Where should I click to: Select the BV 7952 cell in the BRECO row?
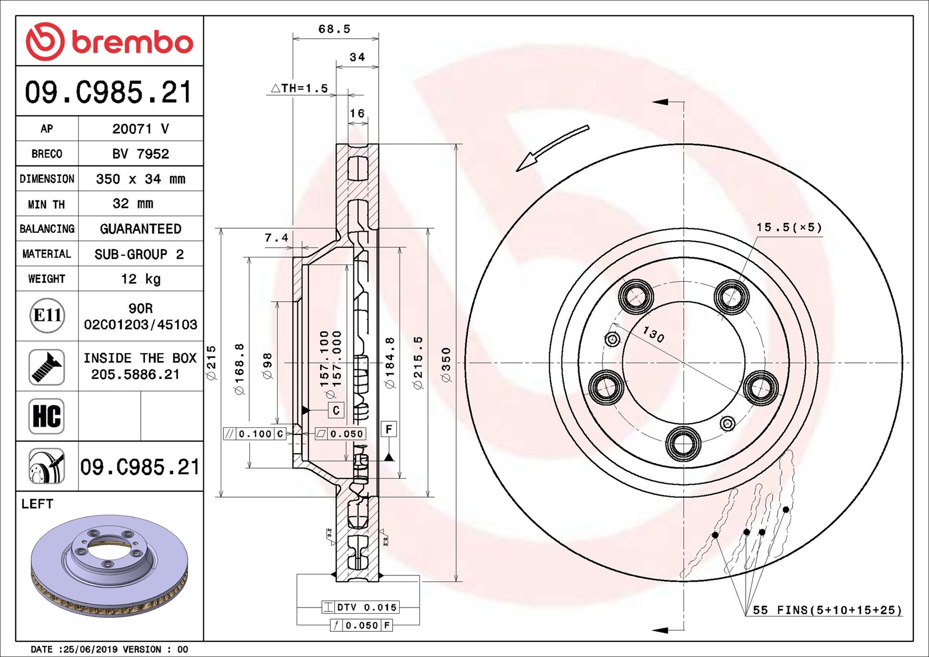[140, 154]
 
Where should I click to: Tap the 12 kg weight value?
[140, 279]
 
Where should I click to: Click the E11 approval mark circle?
[47, 315]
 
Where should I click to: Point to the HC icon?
[47, 416]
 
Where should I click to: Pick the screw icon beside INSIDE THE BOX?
[47, 367]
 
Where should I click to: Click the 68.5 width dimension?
[334, 29]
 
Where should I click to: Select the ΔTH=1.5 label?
[299, 88]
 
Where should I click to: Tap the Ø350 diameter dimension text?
[446, 365]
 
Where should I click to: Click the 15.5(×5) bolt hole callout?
[788, 227]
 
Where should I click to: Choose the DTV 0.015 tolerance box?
[361, 607]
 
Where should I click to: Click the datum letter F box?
[389, 429]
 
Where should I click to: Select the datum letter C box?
[336, 410]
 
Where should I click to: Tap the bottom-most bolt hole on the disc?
[684, 444]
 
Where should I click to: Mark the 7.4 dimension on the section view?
[276, 238]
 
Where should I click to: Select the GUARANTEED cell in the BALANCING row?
[140, 229]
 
